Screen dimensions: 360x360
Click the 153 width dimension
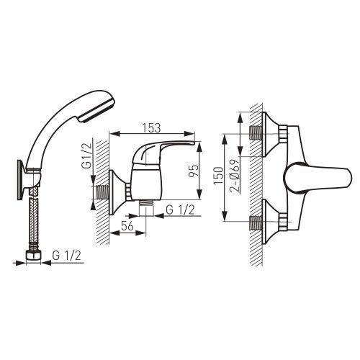tap(151, 128)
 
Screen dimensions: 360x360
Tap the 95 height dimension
tap(194, 171)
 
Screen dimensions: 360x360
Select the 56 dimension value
tap(127, 226)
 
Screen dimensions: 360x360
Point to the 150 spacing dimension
tap(219, 176)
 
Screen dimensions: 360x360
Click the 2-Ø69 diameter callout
tap(235, 176)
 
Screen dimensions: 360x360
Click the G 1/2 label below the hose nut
tap(67, 256)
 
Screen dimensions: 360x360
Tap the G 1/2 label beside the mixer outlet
tap(180, 210)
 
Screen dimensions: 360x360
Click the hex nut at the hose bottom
tap(33, 256)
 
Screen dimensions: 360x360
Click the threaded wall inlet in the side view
tap(102, 192)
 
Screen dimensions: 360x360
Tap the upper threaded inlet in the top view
tap(256, 133)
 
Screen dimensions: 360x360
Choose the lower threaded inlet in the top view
tap(256, 222)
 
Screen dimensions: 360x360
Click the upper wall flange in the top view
tap(271, 134)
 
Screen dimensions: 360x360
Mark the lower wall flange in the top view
tap(271, 222)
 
